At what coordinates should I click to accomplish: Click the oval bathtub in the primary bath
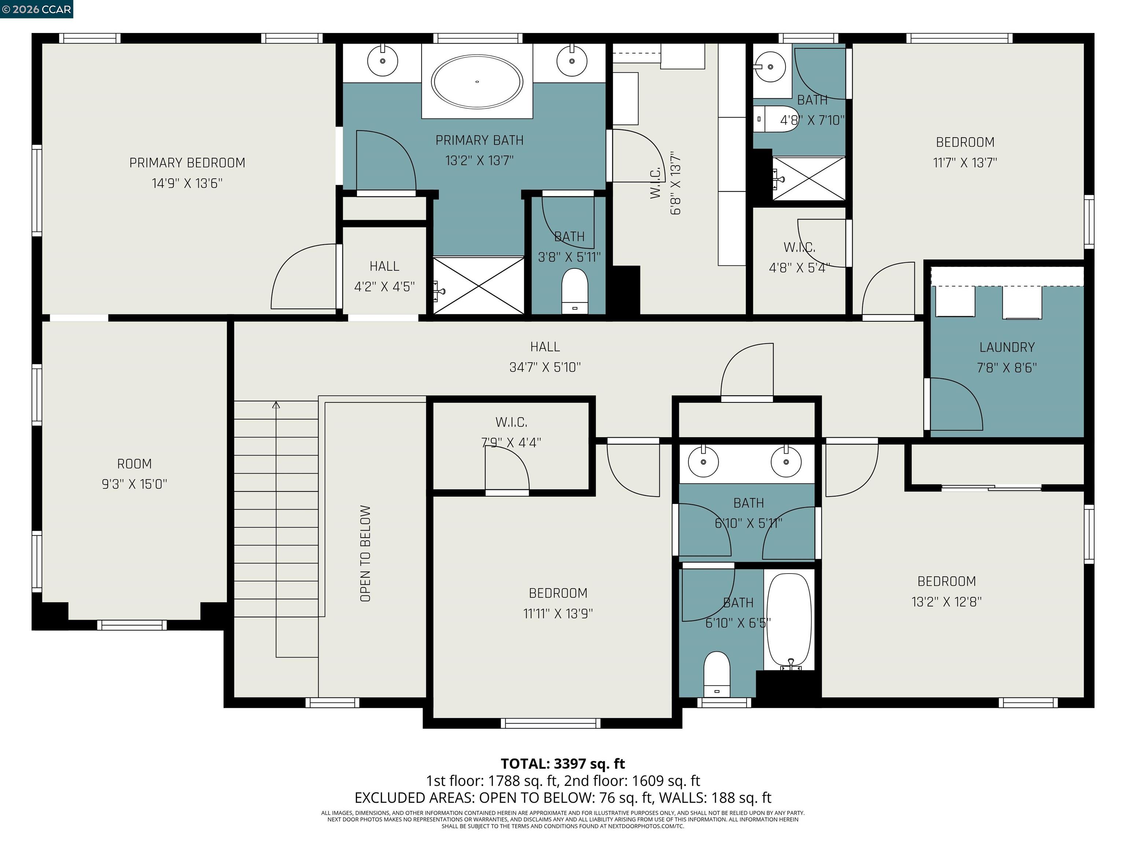pyautogui.click(x=476, y=81)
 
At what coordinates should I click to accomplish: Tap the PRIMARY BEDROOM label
pyautogui.click(x=187, y=163)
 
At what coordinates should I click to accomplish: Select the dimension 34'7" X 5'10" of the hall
pyautogui.click(x=545, y=367)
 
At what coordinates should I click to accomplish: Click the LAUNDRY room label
pyautogui.click(x=1007, y=347)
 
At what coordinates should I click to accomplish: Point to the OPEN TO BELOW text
pyautogui.click(x=365, y=554)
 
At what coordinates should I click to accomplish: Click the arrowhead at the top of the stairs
pyautogui.click(x=276, y=405)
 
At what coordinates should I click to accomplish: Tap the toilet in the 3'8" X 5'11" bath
pyautogui.click(x=575, y=291)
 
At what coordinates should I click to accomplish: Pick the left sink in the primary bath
pyautogui.click(x=382, y=61)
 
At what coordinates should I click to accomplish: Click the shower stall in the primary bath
pyautogui.click(x=478, y=285)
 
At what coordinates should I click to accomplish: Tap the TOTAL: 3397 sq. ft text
pyautogui.click(x=563, y=764)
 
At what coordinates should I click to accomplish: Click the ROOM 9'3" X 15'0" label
pyautogui.click(x=135, y=474)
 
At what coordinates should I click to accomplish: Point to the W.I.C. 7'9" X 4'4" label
pyautogui.click(x=511, y=432)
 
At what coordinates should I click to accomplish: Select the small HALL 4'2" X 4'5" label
pyautogui.click(x=384, y=276)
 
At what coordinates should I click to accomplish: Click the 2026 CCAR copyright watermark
pyautogui.click(x=37, y=9)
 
